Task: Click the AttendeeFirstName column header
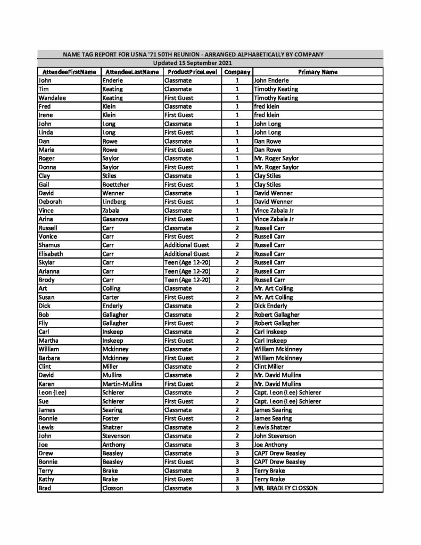(68, 72)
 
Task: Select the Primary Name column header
(317, 72)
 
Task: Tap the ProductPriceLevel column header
(192, 72)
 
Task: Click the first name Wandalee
(52, 98)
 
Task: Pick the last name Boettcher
(116, 185)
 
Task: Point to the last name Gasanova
(117, 219)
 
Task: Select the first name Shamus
(49, 245)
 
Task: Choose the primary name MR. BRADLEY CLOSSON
(286, 488)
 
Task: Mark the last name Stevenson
(117, 436)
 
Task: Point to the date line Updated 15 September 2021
(210, 63)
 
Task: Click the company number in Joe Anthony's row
(237, 444)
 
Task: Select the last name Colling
(112, 288)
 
